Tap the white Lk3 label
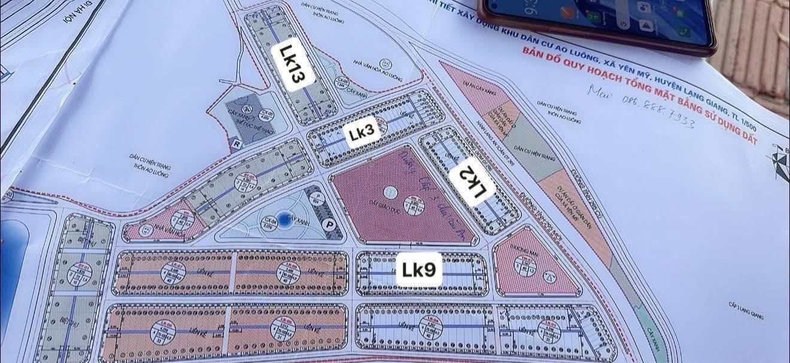(362, 134)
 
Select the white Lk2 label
(473, 183)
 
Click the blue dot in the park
(285, 220)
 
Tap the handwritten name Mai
(599, 92)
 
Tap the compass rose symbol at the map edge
(780, 163)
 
